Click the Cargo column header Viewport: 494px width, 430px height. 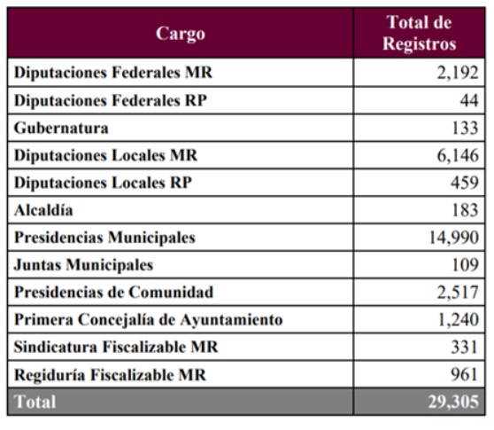pos(181,34)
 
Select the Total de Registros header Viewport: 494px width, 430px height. pos(420,33)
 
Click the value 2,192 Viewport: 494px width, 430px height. pos(458,73)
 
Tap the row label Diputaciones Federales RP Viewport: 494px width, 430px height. pos(111,101)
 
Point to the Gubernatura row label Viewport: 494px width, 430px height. pos(61,128)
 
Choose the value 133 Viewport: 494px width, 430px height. pos(465,128)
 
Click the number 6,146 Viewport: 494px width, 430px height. pos(458,155)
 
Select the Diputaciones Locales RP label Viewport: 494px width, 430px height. pos(103,183)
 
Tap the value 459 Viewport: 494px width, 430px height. pos(465,183)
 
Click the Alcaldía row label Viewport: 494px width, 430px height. pos(43,210)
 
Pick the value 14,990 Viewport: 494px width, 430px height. pos(453,238)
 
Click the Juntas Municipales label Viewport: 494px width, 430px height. pos(83,265)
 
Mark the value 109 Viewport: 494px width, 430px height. pos(465,265)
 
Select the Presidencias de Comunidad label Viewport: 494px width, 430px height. pos(113,293)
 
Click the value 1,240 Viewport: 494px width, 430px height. pos(458,319)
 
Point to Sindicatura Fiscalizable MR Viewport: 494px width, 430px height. pos(116,347)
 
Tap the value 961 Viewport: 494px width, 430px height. pos(465,374)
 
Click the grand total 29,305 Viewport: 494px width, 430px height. pos(453,402)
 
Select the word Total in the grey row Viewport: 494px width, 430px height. pos(35,402)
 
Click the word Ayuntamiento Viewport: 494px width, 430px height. pos(232,320)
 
